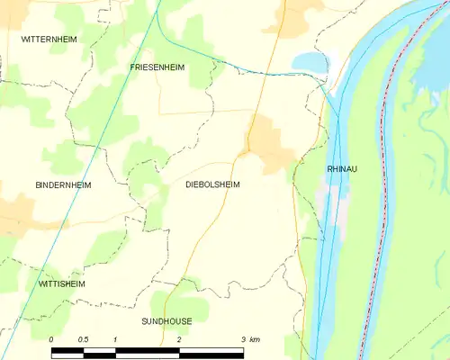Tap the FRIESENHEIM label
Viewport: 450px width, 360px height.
click(x=157, y=67)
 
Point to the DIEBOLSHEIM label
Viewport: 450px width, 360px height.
click(x=212, y=184)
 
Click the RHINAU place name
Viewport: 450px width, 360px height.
click(x=343, y=168)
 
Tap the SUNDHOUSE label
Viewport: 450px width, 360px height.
click(x=166, y=320)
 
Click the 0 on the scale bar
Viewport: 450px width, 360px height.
click(x=51, y=338)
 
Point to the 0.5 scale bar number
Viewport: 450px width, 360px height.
click(x=83, y=338)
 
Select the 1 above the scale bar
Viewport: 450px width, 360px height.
click(x=115, y=338)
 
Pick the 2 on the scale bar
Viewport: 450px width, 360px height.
click(x=179, y=338)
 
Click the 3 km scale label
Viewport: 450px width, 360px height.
click(x=249, y=338)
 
